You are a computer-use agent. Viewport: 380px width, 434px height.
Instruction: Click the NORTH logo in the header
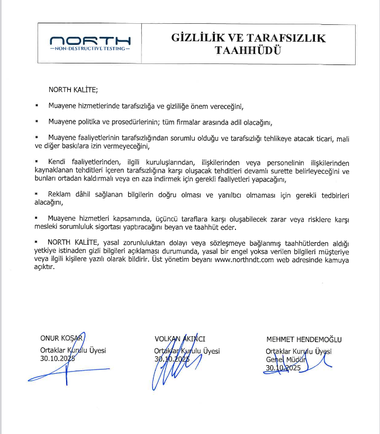point(89,40)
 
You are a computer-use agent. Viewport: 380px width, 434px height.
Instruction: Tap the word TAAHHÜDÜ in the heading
point(249,50)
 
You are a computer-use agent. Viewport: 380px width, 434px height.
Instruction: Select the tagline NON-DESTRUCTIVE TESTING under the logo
point(89,49)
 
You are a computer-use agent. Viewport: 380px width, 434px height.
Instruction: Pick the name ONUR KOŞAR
point(62,338)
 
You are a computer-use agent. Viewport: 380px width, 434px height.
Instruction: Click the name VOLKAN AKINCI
point(179,338)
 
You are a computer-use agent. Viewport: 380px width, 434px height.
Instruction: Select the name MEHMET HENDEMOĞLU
point(304,339)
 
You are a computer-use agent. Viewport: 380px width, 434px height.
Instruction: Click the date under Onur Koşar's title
point(58,358)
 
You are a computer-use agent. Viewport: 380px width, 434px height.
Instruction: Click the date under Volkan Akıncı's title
point(172,359)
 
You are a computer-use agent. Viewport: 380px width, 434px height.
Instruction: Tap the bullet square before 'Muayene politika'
point(37,122)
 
